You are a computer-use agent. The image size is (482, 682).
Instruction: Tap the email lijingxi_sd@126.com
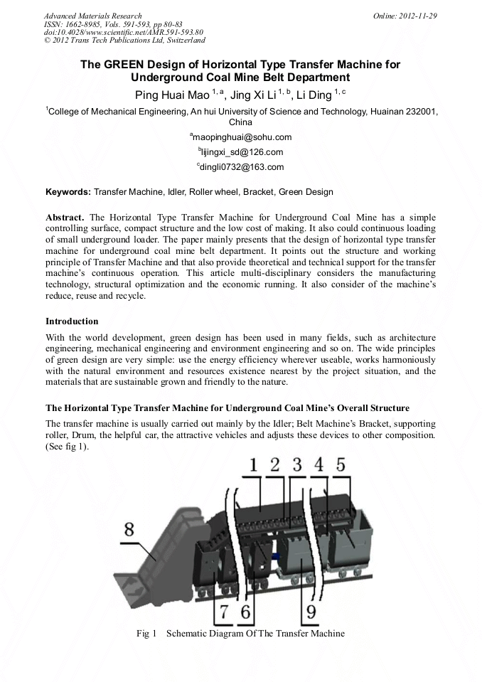pos(241,152)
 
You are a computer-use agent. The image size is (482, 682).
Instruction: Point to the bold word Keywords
pos(68,192)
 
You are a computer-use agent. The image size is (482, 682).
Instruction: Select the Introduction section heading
pos(72,321)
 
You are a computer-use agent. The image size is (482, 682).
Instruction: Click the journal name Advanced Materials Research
pos(92,15)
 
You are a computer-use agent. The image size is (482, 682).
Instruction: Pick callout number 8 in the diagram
pos(129,530)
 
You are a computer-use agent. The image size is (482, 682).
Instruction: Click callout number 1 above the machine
pos(254,465)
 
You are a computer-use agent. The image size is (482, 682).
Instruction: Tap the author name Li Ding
pos(314,94)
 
